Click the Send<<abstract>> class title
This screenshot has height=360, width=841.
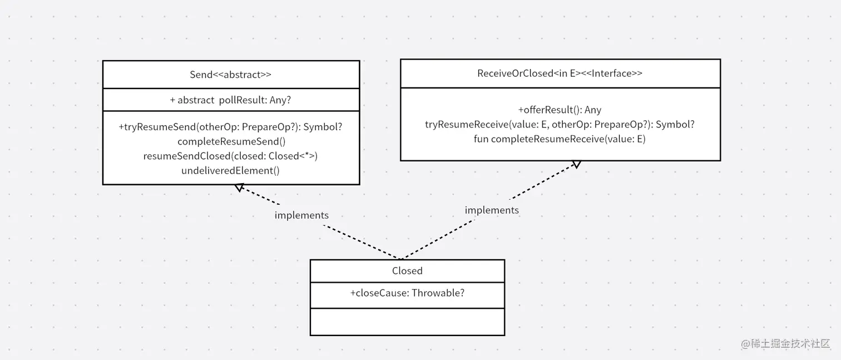coord(230,75)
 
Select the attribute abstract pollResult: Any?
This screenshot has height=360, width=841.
coord(230,100)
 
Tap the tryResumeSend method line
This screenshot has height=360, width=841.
coord(230,127)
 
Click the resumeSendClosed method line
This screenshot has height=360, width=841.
coord(230,156)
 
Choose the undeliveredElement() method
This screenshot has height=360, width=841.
coord(230,171)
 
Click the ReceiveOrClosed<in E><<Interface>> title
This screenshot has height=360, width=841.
coord(560,73)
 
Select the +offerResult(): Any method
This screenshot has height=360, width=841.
coord(560,110)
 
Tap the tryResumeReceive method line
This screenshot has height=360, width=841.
coord(560,124)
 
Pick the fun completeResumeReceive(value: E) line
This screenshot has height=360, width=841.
coord(560,139)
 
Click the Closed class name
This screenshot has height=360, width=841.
coord(407,271)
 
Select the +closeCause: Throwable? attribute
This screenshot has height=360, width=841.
coord(407,293)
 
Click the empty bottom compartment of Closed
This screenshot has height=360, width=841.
coord(407,322)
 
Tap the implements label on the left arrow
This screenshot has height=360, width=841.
coord(301,215)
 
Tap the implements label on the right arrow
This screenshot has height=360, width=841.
coord(492,210)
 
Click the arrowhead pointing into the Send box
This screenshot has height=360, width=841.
coord(239,188)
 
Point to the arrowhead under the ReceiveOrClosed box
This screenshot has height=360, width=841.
coord(576,164)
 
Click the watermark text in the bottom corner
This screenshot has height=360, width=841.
coord(786,343)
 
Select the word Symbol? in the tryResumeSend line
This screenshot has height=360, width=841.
coord(323,127)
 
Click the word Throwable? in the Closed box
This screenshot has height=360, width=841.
coord(438,293)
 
